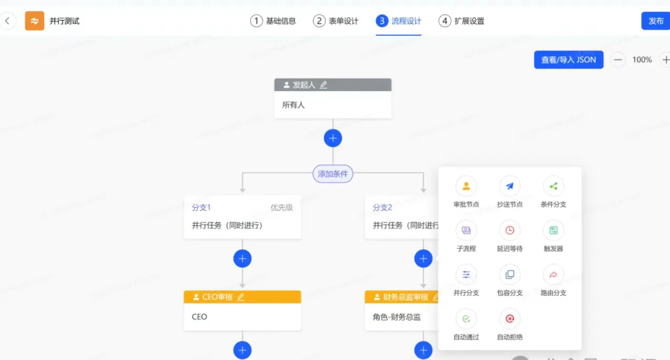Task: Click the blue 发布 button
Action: pos(655,21)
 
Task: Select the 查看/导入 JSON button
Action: pos(569,60)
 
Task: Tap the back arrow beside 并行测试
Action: pos(7,21)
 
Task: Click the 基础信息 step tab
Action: pos(273,21)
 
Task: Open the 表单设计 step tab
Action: pos(336,21)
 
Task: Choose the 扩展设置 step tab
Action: pos(462,21)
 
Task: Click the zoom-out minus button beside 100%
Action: pos(618,60)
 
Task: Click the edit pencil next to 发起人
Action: pos(324,85)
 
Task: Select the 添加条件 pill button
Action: pos(333,174)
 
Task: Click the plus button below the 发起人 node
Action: pos(333,138)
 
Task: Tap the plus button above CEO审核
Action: pos(242,259)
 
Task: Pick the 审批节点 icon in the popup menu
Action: pos(466,186)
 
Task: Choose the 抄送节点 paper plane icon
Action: pos(510,186)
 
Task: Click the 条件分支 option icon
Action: pos(553,186)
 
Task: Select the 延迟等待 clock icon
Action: pos(510,230)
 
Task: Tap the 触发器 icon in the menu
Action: pos(553,230)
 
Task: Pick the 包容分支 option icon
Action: pos(510,274)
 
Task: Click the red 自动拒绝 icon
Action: pos(510,318)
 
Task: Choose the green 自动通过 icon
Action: pos(466,318)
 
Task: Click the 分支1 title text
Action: pos(201,208)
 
